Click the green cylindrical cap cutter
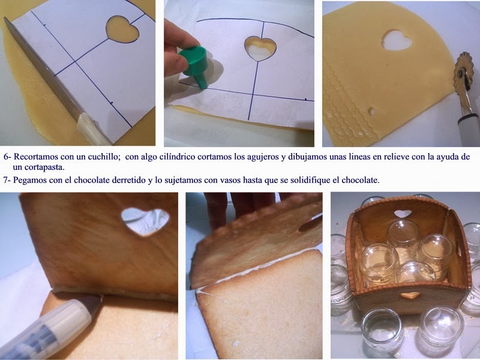[194, 66]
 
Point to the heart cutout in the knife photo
[122, 29]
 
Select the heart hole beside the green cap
[260, 49]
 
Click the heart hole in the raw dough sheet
[397, 40]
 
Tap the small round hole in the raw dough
[371, 112]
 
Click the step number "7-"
[7, 179]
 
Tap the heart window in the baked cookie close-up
[145, 221]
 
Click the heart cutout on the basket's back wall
[403, 214]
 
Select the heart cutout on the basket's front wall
[410, 295]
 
